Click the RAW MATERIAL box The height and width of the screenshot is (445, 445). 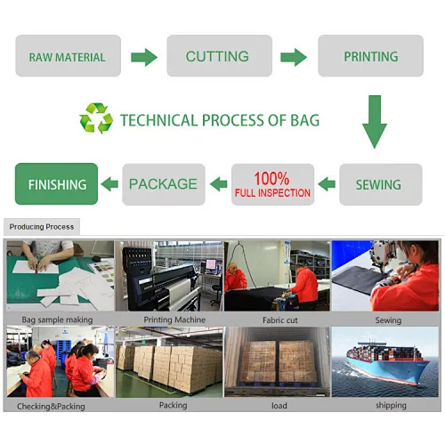(x=69, y=56)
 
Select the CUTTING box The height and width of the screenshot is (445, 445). (x=220, y=56)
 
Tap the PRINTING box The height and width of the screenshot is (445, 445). (x=371, y=56)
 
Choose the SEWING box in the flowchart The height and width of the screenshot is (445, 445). (x=381, y=184)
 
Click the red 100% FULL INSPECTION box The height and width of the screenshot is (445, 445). (x=273, y=184)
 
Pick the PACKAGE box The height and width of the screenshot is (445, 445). (x=164, y=184)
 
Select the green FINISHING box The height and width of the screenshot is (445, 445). (x=56, y=184)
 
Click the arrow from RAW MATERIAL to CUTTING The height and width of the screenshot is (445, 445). (x=144, y=57)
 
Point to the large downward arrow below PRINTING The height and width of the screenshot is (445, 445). (x=375, y=122)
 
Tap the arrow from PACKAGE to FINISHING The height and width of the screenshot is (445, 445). (x=109, y=184)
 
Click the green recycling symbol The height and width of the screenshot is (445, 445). (x=96, y=118)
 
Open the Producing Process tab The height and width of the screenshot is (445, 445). (x=42, y=227)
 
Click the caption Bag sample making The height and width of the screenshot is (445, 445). (x=57, y=320)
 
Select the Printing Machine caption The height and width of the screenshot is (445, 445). (x=174, y=320)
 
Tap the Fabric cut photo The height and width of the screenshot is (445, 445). (x=277, y=276)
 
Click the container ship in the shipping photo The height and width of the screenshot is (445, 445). (x=387, y=362)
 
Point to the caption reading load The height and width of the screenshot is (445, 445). (x=279, y=406)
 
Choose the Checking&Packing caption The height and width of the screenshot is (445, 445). (x=51, y=407)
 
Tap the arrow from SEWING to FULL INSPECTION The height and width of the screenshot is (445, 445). (x=327, y=184)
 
